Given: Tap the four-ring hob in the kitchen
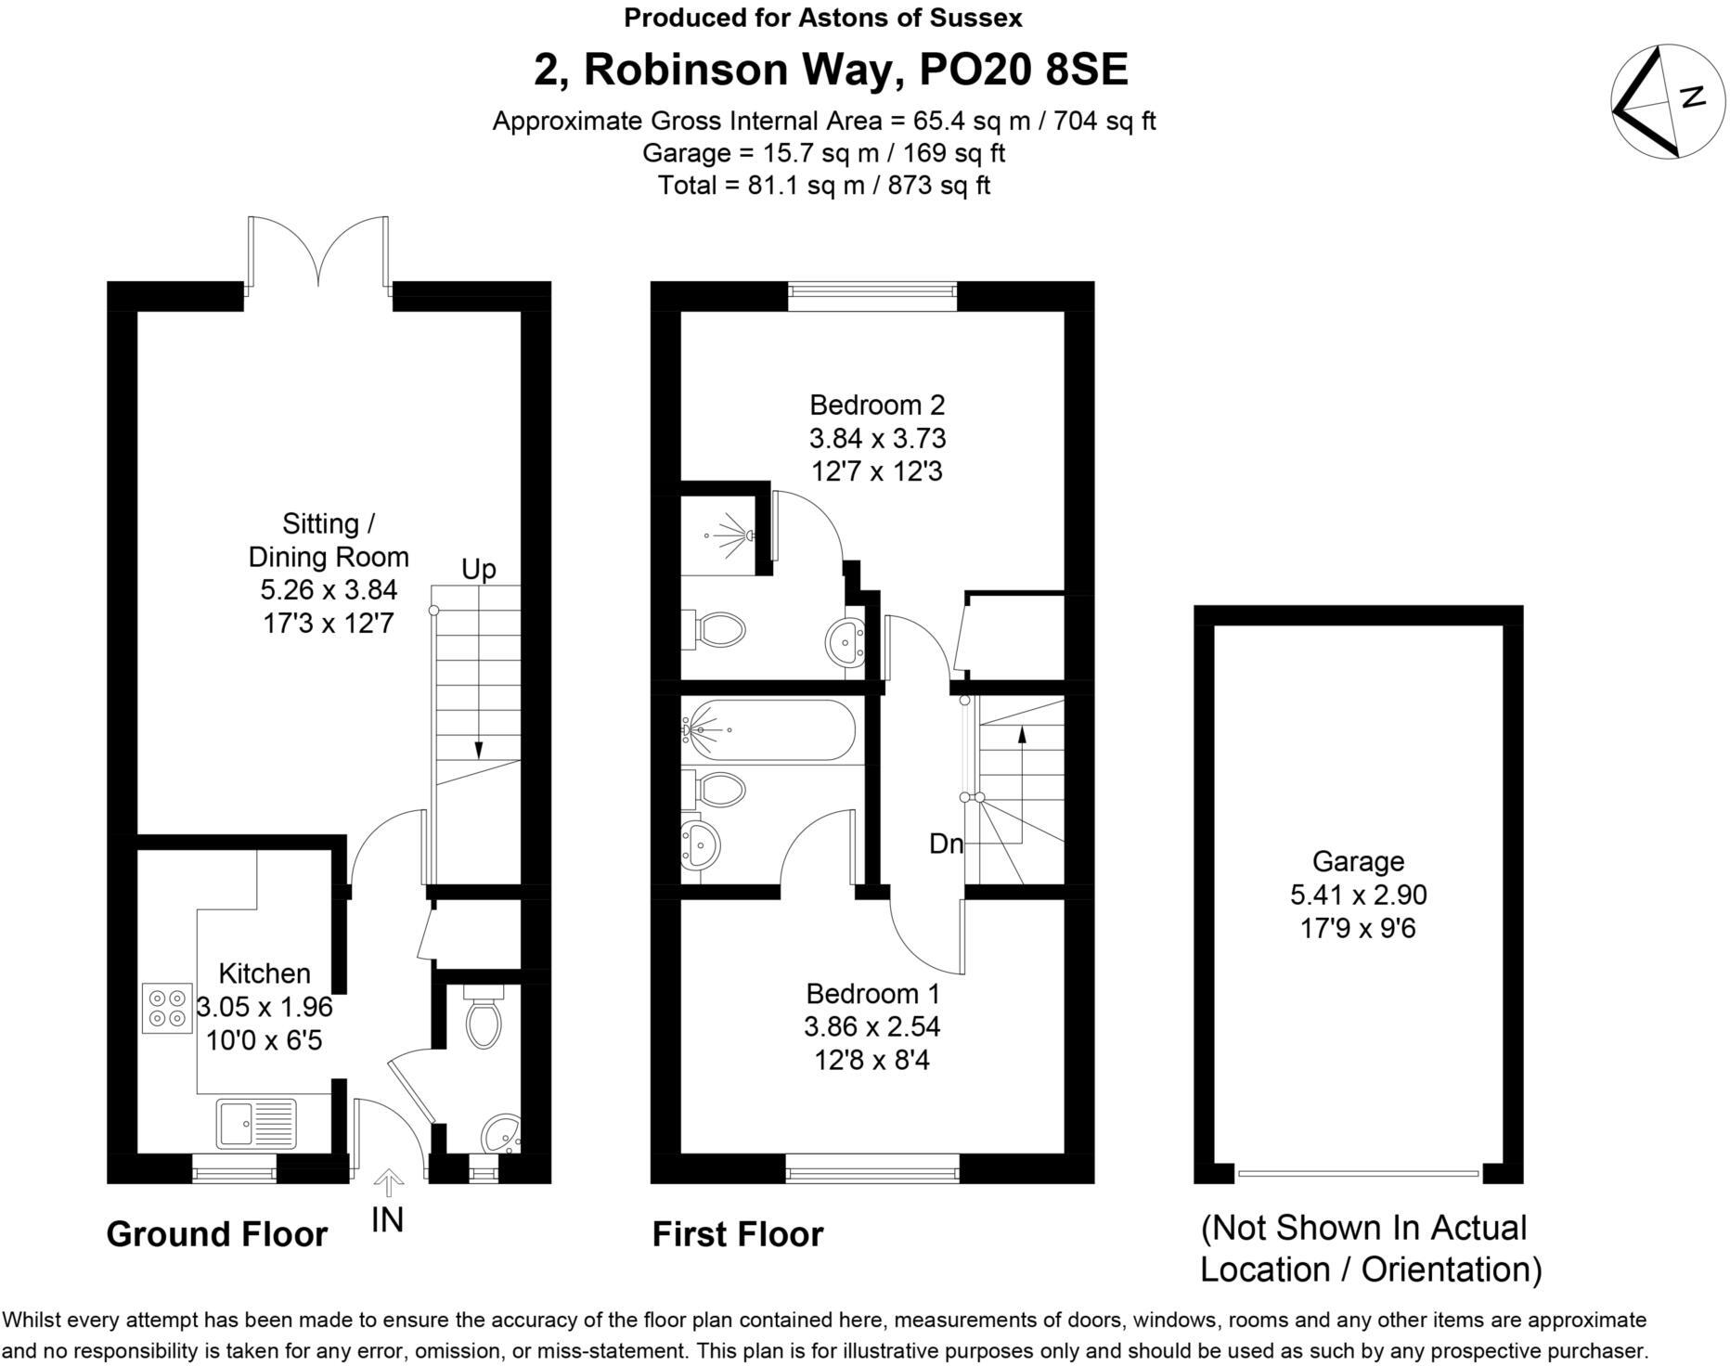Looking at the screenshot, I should pos(167,1008).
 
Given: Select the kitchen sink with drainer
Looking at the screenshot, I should pos(256,1124).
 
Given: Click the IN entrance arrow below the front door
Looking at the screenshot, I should pos(388,1185).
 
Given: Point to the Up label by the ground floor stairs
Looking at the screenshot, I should pos(479,569).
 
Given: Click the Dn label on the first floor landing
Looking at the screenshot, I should pos(946,844).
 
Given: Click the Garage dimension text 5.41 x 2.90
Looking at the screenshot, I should pos(1358,895).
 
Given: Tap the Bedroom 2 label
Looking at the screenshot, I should pos(877,405).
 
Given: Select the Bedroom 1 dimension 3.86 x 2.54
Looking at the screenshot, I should pos(872,1026).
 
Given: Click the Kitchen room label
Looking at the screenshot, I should pos(265,973).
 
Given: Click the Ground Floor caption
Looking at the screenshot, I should pos(217,1234).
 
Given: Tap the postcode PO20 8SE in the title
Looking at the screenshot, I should pos(1023,70).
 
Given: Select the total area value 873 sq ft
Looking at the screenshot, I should pos(938,185).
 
